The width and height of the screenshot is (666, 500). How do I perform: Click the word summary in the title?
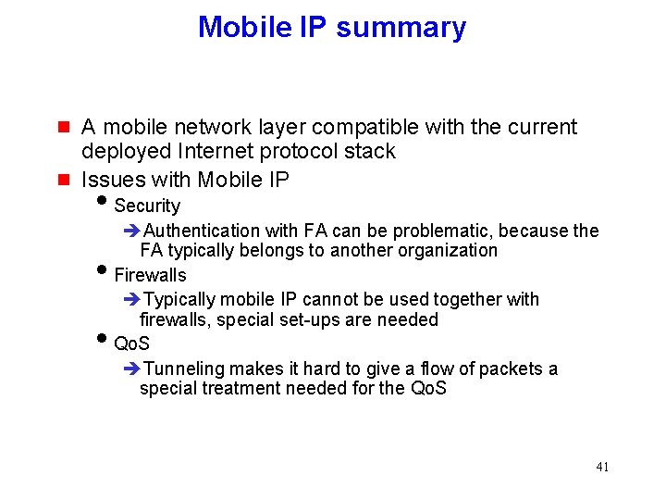click(x=401, y=28)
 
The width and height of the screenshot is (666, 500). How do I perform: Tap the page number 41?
click(x=602, y=467)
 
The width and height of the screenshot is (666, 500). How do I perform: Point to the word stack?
click(x=370, y=151)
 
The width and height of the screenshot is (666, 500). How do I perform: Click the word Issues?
click(x=110, y=179)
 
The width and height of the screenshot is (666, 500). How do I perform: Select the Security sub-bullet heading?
click(x=147, y=206)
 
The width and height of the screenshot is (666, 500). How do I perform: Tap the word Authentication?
click(x=203, y=231)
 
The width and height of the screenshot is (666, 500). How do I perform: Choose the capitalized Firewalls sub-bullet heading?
click(x=150, y=275)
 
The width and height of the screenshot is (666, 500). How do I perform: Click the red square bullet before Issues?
click(x=63, y=179)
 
